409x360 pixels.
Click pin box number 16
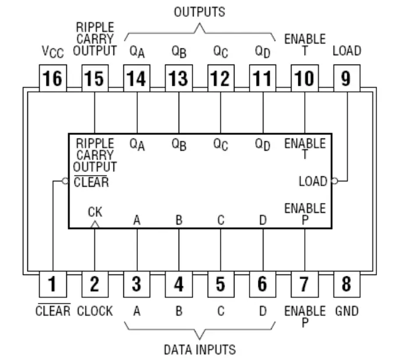[52, 78]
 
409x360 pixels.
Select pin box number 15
[94, 78]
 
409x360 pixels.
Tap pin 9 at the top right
[347, 78]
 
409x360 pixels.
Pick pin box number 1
[52, 284]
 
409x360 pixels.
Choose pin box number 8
[347, 284]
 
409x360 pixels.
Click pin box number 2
[94, 284]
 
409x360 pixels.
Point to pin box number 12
[220, 78]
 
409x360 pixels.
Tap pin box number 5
[220, 284]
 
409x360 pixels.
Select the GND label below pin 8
[347, 311]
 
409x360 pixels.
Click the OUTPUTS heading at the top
[200, 11]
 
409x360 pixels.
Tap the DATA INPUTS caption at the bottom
[200, 350]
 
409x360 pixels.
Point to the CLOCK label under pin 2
[95, 311]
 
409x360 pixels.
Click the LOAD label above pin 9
[347, 51]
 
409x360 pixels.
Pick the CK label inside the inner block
[95, 212]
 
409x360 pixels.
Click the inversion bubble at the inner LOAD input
[334, 181]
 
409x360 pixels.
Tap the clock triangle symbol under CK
[95, 224]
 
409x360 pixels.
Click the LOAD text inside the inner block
[313, 181]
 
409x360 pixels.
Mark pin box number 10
[304, 78]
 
